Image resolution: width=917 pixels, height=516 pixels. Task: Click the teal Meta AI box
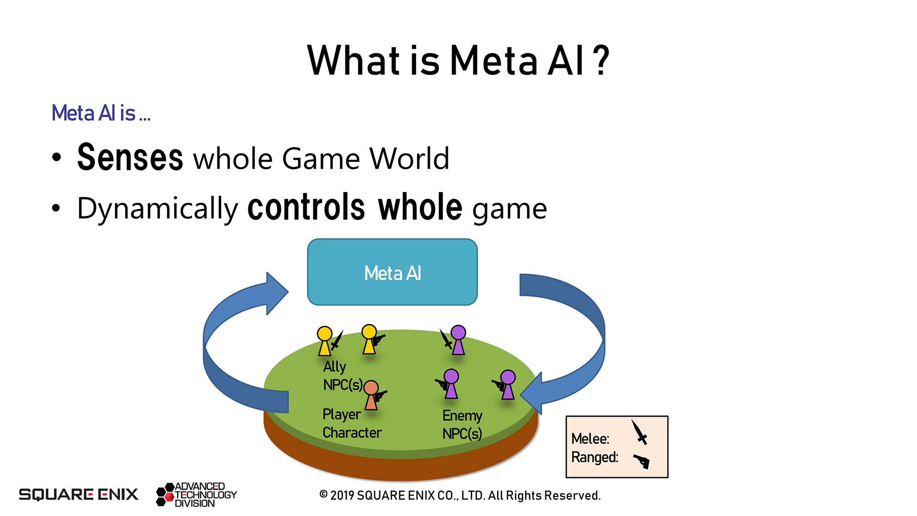point(392,272)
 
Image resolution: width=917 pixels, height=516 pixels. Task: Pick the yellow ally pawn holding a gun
point(369,339)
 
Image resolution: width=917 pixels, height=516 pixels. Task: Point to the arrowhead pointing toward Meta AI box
point(277,293)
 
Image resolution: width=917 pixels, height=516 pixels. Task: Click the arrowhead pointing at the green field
point(533,394)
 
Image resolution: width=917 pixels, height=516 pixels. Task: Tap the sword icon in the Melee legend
point(640,432)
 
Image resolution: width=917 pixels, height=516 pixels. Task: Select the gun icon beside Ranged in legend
point(641,461)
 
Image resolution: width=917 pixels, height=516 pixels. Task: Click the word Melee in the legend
point(590,439)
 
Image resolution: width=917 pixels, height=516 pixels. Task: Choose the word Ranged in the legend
point(594,457)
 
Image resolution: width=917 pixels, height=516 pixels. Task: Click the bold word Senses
point(130,158)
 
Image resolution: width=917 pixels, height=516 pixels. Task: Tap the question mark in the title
point(603,61)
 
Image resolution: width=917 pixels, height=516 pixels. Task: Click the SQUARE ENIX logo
point(78,494)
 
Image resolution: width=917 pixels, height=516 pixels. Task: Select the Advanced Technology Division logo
point(196,494)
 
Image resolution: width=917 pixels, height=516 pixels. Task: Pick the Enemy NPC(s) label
point(462,424)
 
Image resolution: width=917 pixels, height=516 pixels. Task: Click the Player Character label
point(352,423)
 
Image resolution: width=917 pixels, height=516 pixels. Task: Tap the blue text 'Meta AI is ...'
point(101,113)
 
